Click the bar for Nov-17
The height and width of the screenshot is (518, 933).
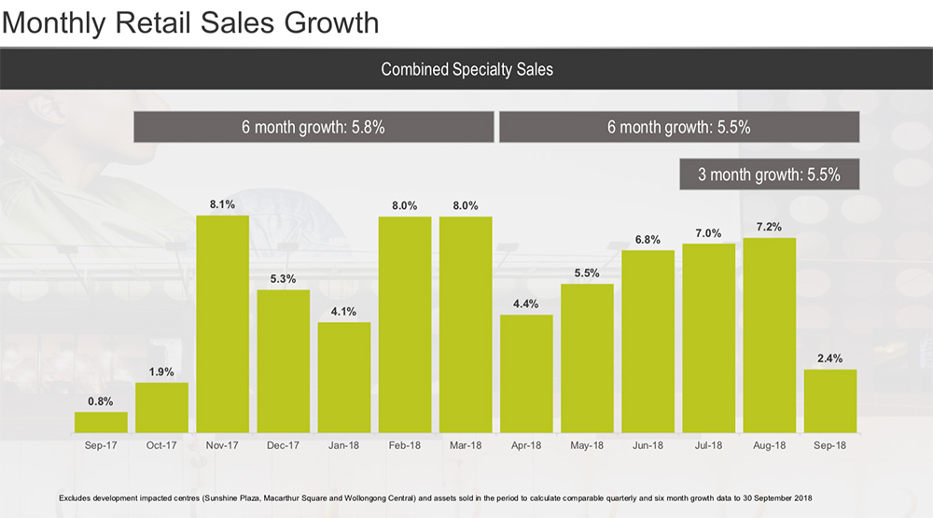222,324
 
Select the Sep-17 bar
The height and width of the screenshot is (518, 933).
101,423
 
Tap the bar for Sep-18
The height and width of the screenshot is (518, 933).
829,401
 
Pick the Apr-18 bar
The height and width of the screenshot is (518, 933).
526,374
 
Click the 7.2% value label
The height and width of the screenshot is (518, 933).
770,227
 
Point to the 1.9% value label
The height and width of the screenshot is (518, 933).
161,371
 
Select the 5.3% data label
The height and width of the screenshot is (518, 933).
284,278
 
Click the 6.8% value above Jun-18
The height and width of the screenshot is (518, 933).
648,239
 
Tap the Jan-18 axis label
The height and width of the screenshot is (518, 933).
343,446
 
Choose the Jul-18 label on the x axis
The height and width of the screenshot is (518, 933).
708,446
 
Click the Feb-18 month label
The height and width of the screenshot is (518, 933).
404,446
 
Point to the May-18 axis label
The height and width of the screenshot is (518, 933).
587,446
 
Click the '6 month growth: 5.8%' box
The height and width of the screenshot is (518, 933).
313,127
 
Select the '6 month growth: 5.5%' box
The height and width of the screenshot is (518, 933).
678,127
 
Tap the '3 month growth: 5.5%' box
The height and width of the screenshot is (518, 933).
769,174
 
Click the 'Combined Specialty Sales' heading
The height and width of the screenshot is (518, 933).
466,69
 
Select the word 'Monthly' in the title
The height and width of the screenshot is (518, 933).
58,21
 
